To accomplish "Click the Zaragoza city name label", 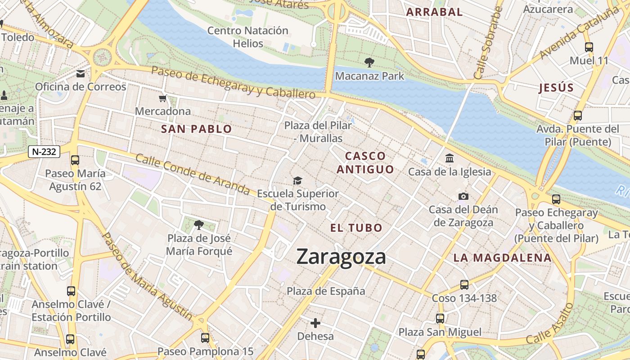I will [341, 257].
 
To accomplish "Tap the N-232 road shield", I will [44, 152].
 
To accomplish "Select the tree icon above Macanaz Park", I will [369, 63].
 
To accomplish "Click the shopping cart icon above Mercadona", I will [162, 98].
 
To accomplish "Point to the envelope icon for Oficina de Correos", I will [81, 74].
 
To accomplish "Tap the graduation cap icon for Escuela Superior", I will [297, 181].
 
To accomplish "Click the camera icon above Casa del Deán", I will [463, 196].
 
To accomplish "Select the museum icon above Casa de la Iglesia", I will [449, 158].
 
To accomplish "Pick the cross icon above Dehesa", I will [315, 323].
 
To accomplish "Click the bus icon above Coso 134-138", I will [464, 284].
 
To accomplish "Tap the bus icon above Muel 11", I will [589, 47].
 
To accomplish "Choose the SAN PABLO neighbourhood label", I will [197, 129].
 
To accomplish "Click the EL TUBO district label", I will [356, 228].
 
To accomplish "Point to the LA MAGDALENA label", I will [502, 258].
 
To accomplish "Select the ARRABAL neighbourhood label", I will [434, 12].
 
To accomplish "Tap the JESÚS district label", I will [557, 88].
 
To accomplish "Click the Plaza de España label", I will [326, 291].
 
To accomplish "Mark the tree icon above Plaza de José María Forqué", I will [198, 225].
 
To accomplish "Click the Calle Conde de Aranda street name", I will [193, 175].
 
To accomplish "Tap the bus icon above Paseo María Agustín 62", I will [75, 160].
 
